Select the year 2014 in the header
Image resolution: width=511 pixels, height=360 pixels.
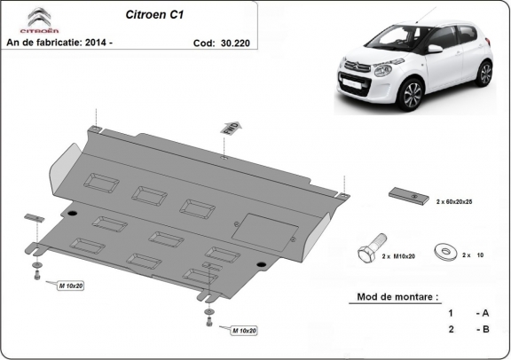tap(112, 42)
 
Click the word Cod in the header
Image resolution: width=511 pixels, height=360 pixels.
tap(203, 42)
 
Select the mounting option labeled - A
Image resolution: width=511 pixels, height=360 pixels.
tap(482, 313)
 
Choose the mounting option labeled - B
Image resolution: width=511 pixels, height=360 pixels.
tap(482, 329)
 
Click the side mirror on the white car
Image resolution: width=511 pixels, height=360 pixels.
tap(435, 49)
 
